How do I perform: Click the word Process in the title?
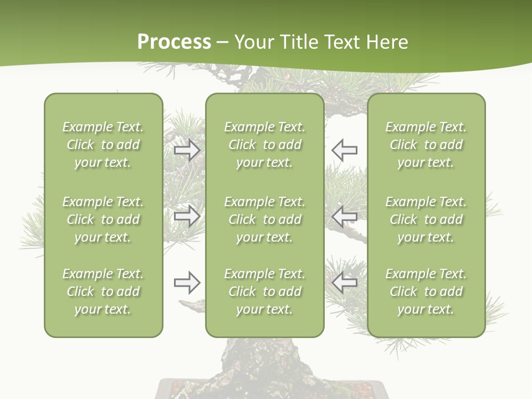174,42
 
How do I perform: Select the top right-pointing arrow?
187,150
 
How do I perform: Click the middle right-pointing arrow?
187,216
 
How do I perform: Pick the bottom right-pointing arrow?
187,283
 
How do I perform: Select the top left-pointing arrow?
344,150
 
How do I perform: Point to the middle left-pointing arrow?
344,216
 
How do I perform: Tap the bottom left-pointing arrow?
344,283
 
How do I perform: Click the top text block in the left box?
103,145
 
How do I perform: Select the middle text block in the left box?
103,219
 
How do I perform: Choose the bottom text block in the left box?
103,291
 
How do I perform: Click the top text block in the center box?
265,145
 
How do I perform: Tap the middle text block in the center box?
265,219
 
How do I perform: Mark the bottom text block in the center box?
265,291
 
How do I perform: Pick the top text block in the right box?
426,145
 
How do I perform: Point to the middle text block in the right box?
426,219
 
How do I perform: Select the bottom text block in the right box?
426,291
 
